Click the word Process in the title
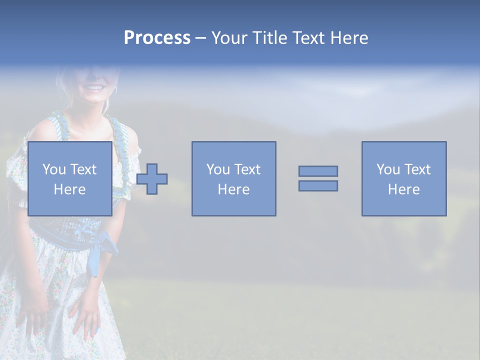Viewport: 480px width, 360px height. (157, 38)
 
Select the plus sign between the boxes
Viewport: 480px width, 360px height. (152, 179)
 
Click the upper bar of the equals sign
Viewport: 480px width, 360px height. (318, 171)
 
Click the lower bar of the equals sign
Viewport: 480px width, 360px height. (318, 185)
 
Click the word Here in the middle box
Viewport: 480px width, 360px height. (233, 189)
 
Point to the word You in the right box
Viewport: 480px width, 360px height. (388, 169)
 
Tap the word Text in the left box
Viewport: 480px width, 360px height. (83, 169)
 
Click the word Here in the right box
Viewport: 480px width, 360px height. (403, 189)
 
